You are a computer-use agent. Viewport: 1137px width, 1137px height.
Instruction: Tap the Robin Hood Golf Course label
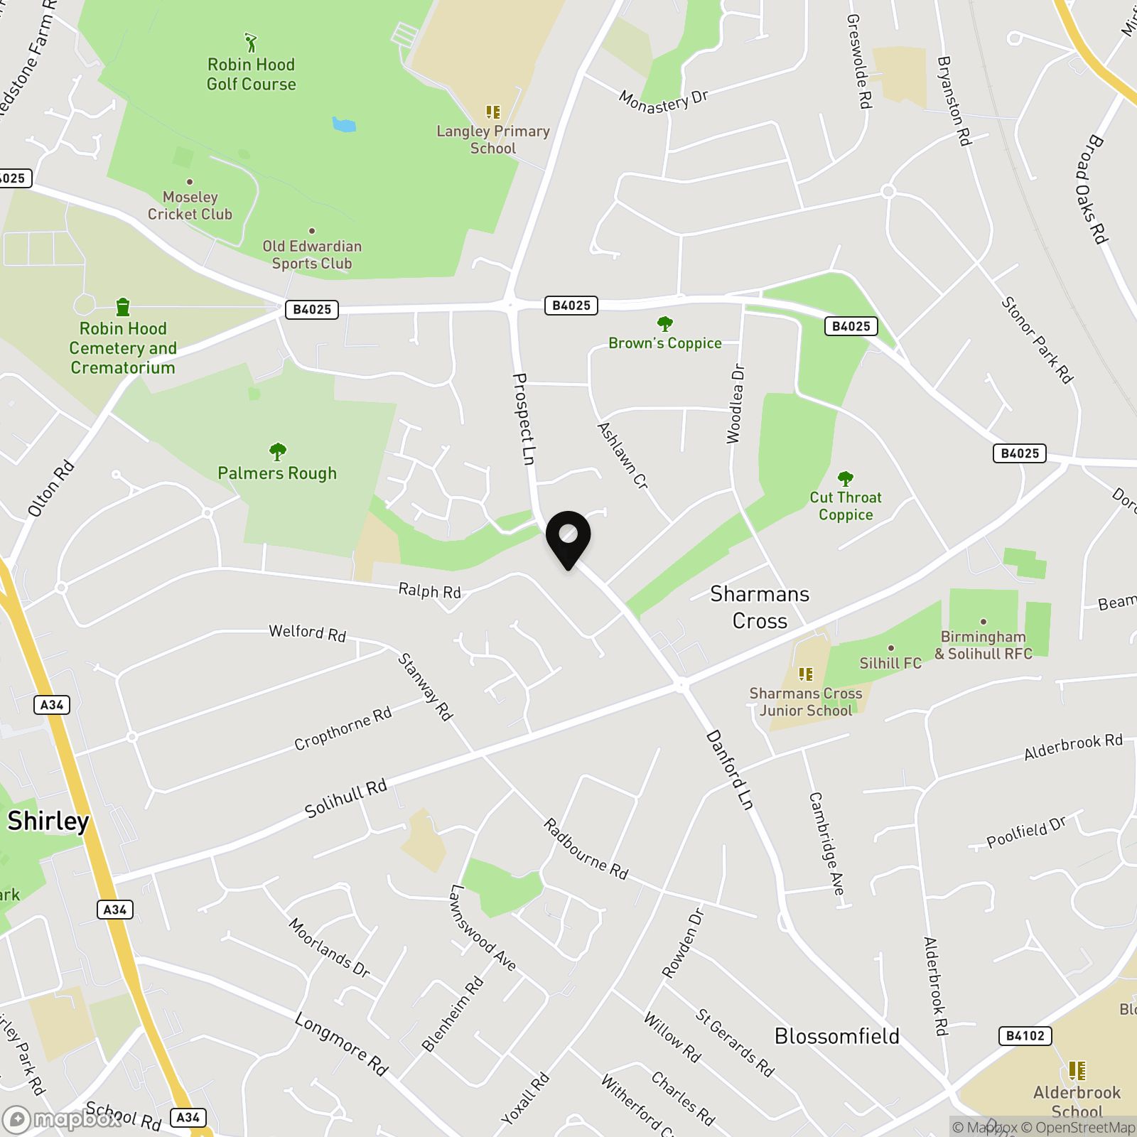click(x=251, y=75)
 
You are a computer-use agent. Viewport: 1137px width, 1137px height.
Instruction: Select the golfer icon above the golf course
click(x=251, y=43)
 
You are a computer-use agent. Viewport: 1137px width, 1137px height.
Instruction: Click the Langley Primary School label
click(x=493, y=139)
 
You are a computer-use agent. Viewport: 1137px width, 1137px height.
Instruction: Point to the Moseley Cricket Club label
click(x=190, y=205)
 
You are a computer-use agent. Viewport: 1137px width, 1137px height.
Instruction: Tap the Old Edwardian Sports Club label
click(x=312, y=254)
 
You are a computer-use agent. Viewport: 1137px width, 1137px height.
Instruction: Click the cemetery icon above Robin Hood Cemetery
click(x=123, y=307)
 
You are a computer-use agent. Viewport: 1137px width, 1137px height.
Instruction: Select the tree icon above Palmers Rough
click(x=277, y=451)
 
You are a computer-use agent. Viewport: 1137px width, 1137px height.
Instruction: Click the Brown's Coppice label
click(x=665, y=343)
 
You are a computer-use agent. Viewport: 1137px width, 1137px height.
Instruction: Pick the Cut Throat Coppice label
click(x=845, y=506)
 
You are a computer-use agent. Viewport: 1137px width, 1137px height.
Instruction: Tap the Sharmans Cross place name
click(x=760, y=607)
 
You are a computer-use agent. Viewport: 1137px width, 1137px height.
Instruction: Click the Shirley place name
click(x=48, y=821)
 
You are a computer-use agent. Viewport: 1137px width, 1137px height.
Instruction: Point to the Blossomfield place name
click(x=836, y=1036)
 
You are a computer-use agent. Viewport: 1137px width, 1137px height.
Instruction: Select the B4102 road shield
click(x=1025, y=1035)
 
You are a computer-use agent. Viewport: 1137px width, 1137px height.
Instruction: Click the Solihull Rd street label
click(x=346, y=798)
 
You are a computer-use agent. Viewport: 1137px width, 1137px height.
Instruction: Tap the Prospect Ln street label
click(x=524, y=419)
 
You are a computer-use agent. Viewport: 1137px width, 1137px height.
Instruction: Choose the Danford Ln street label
click(x=729, y=770)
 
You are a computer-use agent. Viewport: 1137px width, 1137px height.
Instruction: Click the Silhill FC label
click(x=890, y=663)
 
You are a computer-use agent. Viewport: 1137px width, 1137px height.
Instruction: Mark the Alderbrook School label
click(x=1077, y=1101)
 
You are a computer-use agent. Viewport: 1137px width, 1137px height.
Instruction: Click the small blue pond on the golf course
click(x=344, y=125)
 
